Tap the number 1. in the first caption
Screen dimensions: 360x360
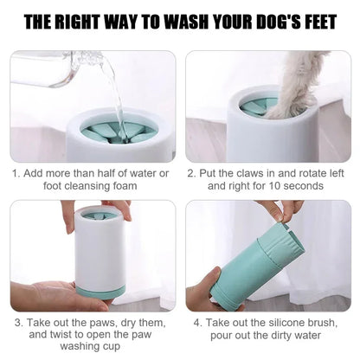[16, 173]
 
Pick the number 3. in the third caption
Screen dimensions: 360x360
[17, 322]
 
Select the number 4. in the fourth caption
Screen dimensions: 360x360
[198, 322]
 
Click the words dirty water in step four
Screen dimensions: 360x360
[293, 334]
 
